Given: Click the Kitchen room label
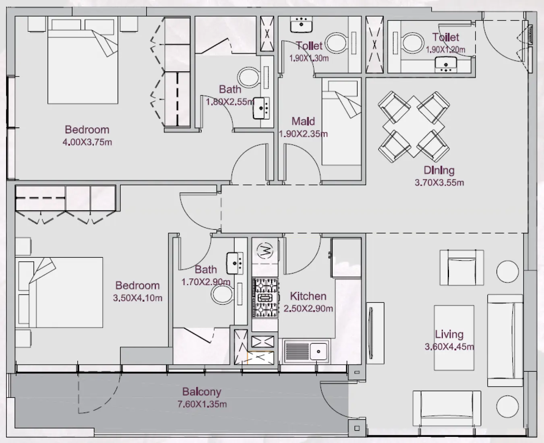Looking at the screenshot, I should (308, 296).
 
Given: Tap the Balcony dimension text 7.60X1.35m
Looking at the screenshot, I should (202, 404).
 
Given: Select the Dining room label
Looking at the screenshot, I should (439, 170).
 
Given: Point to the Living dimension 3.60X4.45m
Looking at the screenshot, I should (449, 347).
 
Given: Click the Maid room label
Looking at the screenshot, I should (303, 121).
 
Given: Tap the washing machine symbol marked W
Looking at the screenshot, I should (265, 251).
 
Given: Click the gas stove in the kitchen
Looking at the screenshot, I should (265, 298).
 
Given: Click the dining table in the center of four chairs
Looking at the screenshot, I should (414, 126).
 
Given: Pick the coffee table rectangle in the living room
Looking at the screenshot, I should (454, 337).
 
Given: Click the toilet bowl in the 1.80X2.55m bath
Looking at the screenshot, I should (248, 77).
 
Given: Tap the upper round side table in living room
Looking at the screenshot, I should (507, 271).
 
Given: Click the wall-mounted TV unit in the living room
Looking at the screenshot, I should (374, 332).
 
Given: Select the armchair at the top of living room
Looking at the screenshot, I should (461, 267).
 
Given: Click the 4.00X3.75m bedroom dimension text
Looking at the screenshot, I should (87, 142).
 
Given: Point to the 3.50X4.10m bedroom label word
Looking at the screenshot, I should (137, 286).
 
